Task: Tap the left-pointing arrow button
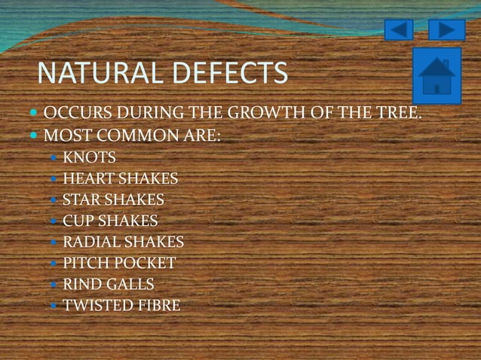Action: tap(399, 30)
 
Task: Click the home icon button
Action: tap(437, 76)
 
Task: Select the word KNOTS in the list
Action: tap(90, 158)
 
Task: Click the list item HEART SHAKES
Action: tap(120, 179)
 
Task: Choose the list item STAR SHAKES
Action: tap(113, 200)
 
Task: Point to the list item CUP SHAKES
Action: tap(110, 221)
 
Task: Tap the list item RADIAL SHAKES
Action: tap(123, 243)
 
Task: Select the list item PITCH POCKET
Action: tap(119, 264)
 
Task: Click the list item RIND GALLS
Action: tap(108, 285)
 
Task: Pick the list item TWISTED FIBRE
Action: tap(121, 306)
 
